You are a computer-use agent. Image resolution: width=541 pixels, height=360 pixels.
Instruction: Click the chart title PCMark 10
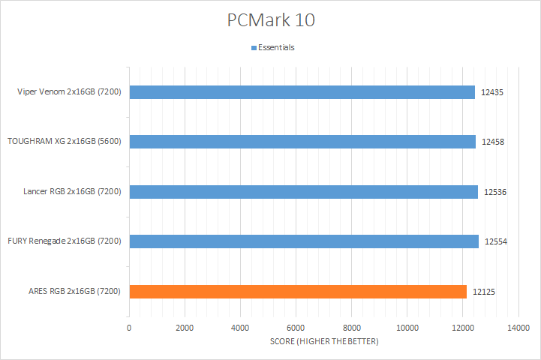(x=271, y=20)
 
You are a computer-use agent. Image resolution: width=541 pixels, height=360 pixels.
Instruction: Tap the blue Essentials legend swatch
(x=254, y=47)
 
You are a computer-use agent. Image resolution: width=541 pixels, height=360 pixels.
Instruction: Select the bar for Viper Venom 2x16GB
(x=302, y=92)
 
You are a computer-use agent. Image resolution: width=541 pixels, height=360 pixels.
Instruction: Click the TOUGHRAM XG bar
(x=302, y=142)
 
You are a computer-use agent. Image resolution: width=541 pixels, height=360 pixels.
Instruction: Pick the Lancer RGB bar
(x=303, y=192)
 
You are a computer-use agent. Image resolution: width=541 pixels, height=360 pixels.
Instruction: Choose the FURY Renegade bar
(x=304, y=241)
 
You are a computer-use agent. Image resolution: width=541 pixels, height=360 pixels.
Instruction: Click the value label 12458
(x=493, y=142)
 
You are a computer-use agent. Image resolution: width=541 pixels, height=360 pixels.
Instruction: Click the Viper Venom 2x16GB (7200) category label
(x=72, y=92)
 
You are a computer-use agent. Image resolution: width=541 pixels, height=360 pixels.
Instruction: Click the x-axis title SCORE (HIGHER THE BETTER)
(x=323, y=342)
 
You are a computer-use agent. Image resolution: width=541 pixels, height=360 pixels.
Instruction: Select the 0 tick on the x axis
(x=129, y=328)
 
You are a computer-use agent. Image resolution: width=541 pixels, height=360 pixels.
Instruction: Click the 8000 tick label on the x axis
(x=351, y=328)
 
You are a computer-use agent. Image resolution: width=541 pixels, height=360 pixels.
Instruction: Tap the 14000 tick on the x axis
(x=518, y=328)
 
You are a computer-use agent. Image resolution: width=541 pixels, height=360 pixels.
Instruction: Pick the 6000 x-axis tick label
(x=296, y=328)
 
